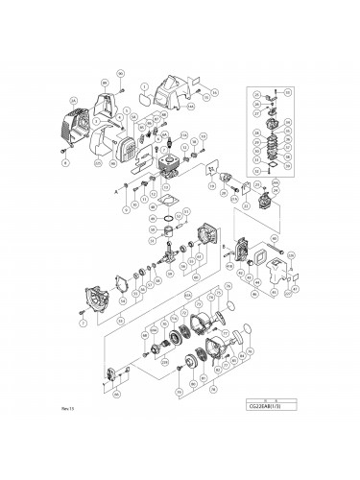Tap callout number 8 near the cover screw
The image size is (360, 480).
[x=65, y=164]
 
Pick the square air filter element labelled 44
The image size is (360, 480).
[x=257, y=261]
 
